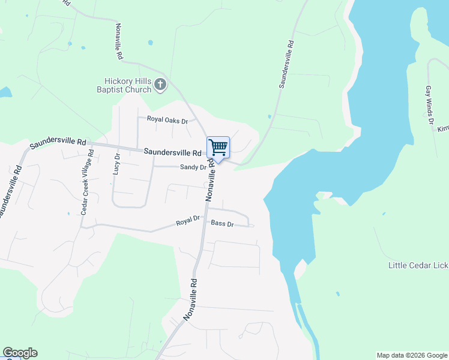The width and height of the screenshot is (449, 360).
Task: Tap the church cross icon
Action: [160, 85]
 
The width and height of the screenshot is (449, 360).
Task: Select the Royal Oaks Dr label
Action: [167, 121]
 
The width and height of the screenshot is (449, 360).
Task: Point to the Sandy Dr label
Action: [193, 167]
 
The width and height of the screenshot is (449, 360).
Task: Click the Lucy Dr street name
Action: [116, 163]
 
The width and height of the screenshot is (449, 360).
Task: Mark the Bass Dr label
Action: [222, 223]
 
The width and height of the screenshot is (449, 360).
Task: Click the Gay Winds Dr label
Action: [429, 107]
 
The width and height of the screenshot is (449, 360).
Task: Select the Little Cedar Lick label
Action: [418, 265]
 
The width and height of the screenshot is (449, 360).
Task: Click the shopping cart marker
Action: [218, 148]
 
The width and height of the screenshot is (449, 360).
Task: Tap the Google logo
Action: [20, 353]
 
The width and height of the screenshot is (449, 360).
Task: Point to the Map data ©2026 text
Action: [412, 355]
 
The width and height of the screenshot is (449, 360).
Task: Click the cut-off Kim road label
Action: [443, 129]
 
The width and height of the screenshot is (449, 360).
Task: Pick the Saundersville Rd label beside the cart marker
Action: [172, 152]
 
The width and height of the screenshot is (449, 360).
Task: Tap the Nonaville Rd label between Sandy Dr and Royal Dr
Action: [210, 179]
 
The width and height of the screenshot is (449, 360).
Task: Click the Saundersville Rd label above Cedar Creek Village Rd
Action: [58, 142]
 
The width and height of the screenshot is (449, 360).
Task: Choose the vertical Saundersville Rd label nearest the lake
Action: [286, 65]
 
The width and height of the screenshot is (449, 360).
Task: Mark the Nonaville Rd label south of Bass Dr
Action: [190, 299]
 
